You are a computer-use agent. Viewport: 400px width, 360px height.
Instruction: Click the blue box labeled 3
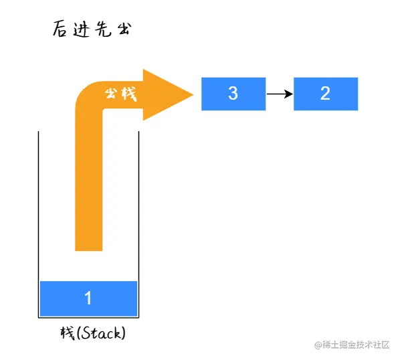(x=233, y=94)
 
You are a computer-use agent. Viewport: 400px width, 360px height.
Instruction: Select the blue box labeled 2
(x=326, y=94)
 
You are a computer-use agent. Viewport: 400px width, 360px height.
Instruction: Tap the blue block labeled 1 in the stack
(x=88, y=298)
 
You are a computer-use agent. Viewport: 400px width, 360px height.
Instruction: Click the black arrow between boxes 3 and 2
(x=280, y=94)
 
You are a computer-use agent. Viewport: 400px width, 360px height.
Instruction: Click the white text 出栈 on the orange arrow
(x=121, y=94)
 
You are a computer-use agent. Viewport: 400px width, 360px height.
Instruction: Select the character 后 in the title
(x=60, y=29)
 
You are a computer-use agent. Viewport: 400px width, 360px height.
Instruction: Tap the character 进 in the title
(x=82, y=29)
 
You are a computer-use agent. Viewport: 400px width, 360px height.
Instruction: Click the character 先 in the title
(x=103, y=29)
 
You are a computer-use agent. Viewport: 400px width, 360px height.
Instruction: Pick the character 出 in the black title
(x=124, y=29)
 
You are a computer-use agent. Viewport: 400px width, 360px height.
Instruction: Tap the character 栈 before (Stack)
(x=68, y=333)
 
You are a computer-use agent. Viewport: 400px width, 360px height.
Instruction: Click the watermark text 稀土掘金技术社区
(x=356, y=345)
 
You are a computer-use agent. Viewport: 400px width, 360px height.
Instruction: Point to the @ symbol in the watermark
(x=318, y=345)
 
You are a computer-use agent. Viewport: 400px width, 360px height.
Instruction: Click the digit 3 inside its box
(x=233, y=94)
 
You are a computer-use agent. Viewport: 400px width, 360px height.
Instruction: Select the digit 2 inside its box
(x=325, y=94)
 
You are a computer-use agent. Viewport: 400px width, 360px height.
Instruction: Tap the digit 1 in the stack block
(x=88, y=298)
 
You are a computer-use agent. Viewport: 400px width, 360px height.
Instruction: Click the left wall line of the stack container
(x=39, y=225)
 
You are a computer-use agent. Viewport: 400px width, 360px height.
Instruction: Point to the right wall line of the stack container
(x=138, y=225)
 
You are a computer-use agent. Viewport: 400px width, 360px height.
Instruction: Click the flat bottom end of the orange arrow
(x=89, y=250)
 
